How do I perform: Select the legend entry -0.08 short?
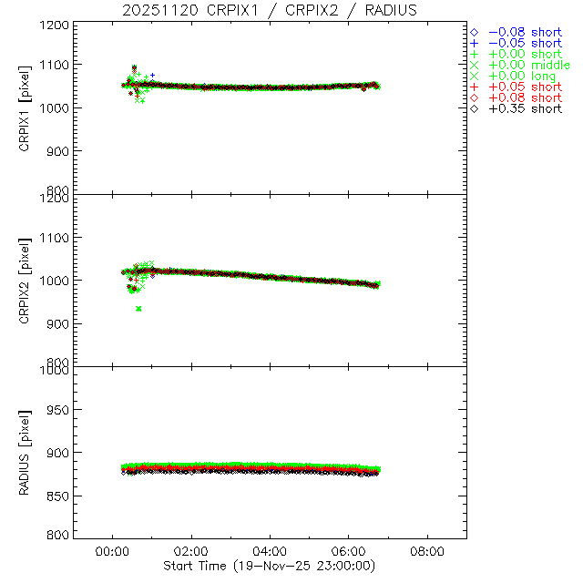pyautogui.click(x=525, y=31)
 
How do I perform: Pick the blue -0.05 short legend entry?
pyautogui.click(x=525, y=43)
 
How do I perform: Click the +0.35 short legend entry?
pyautogui.click(x=525, y=108)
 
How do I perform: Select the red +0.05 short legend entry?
pyautogui.click(x=525, y=87)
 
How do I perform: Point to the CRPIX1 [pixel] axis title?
pyautogui.click(x=26, y=107)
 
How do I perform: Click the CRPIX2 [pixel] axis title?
pyautogui.click(x=26, y=279)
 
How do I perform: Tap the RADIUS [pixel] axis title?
pyautogui.click(x=26, y=452)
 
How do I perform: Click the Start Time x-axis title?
pyautogui.click(x=271, y=566)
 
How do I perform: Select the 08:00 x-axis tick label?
pyautogui.click(x=427, y=551)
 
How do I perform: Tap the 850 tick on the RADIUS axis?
pyautogui.click(x=59, y=495)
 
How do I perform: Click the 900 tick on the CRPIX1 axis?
pyautogui.click(x=59, y=150)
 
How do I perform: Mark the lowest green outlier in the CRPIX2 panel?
pyautogui.click(x=138, y=309)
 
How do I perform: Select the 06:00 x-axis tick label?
pyautogui.click(x=349, y=551)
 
